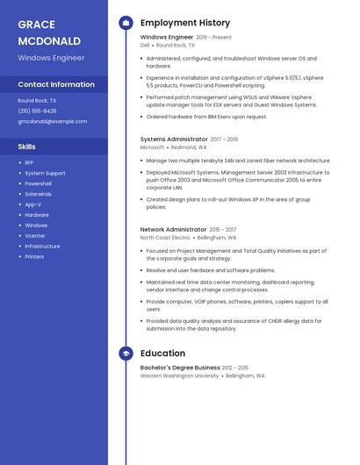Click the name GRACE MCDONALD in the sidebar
coord(49,32)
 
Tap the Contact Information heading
coord(56,84)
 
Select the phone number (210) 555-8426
coord(37,111)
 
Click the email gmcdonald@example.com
coord(54,122)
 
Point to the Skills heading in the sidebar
coord(27,147)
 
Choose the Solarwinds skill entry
coord(39,194)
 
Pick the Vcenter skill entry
coord(35,235)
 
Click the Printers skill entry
coord(34,256)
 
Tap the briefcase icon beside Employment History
coord(126,23)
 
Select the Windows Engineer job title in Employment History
coord(167,38)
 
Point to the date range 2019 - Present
coord(214,38)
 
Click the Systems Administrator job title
coord(174,139)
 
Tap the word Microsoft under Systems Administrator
coord(152,147)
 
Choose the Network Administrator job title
coord(174,229)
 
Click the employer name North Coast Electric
coord(165,238)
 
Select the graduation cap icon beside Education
coord(126,354)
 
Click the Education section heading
coord(162,354)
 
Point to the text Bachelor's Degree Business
coord(180,368)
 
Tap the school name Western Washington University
coord(180,376)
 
